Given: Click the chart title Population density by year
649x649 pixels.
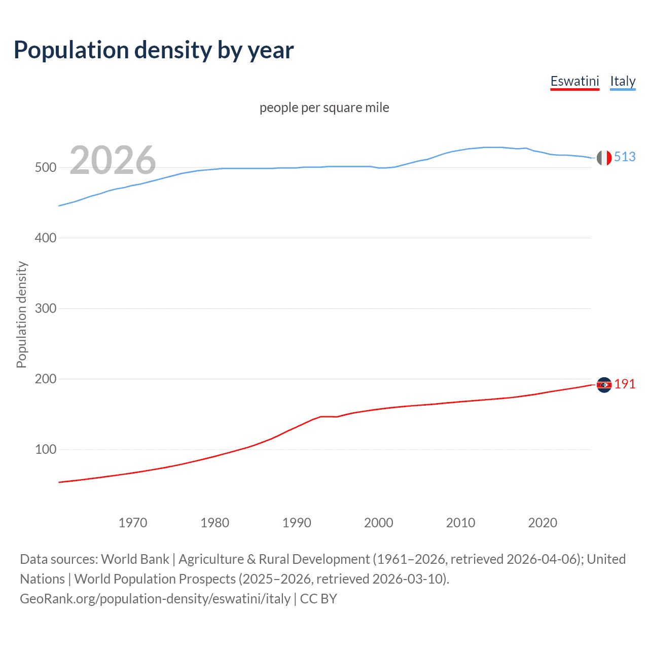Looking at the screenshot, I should point(154,50).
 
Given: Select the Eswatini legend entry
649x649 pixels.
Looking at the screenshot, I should point(574,81).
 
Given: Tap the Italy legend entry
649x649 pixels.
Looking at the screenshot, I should point(623,81).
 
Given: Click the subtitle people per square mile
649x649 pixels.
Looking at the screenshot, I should point(324,107).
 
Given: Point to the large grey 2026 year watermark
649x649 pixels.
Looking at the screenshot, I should point(113,160).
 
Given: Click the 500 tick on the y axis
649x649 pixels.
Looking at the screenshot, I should point(45,168).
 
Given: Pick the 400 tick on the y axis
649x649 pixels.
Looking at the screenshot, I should point(45,238).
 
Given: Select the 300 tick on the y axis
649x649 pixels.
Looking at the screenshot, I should point(45,309).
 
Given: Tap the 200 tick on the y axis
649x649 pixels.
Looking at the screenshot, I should point(45,379).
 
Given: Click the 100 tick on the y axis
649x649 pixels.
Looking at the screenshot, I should point(45,450).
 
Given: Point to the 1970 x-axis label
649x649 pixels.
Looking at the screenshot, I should point(133,523).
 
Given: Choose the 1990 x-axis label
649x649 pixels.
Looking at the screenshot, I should point(297,523).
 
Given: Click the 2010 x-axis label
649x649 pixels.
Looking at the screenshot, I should point(460,523).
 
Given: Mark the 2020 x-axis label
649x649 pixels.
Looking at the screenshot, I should point(543,523).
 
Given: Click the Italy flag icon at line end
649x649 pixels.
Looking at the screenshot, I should point(604,158).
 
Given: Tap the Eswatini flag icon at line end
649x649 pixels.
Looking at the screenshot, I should point(604,385).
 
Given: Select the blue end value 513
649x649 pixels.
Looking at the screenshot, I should point(625,157).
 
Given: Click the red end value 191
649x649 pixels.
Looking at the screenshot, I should point(625,384).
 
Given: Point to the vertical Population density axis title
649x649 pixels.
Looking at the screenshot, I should point(21,314).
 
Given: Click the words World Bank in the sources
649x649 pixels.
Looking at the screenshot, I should point(135,559).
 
